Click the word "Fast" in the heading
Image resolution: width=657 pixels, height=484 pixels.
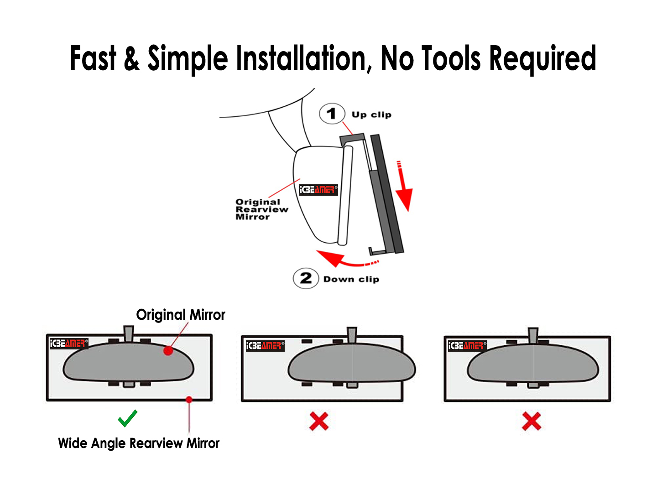click(x=93, y=58)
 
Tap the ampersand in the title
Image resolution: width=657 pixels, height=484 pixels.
click(x=131, y=58)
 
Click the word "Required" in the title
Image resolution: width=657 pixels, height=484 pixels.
click(x=542, y=59)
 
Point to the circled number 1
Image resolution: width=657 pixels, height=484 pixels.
click(x=332, y=114)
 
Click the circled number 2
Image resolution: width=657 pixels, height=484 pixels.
click(x=306, y=278)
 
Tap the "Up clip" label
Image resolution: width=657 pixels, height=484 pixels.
click(x=371, y=114)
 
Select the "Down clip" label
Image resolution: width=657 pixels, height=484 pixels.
click(x=351, y=279)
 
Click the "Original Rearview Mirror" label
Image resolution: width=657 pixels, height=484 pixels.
click(x=261, y=209)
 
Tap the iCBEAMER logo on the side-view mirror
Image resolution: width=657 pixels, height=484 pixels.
click(x=318, y=190)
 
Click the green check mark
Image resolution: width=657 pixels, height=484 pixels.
click(x=127, y=418)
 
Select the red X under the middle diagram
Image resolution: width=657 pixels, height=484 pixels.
click(x=318, y=421)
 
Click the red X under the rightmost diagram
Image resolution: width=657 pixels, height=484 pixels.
click(x=532, y=421)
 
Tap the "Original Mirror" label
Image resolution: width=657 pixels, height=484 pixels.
click(x=181, y=315)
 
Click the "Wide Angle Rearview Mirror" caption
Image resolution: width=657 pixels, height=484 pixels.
click(x=139, y=443)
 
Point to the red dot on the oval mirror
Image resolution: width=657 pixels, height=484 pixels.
click(x=168, y=351)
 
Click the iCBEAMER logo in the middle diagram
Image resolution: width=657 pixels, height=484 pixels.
click(x=265, y=346)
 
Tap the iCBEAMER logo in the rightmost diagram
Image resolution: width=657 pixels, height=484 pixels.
click(x=467, y=345)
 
